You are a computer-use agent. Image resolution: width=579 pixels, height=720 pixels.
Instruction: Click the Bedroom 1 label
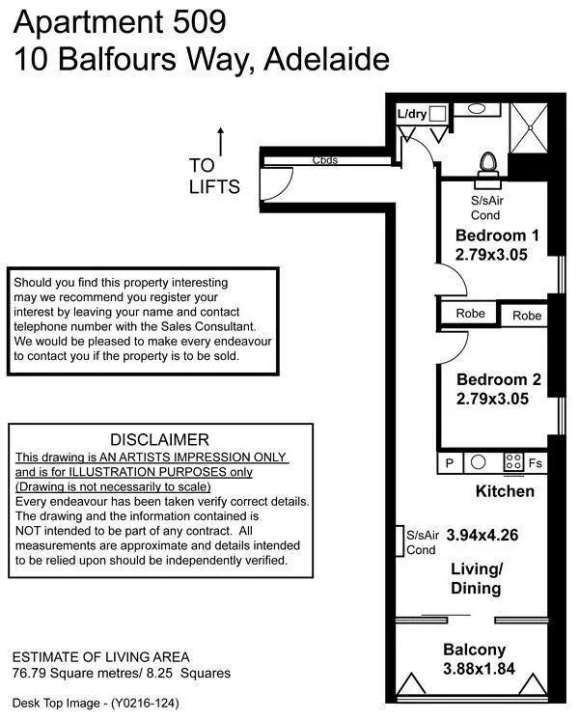click(x=497, y=235)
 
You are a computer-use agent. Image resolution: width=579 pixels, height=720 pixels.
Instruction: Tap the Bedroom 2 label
click(x=497, y=379)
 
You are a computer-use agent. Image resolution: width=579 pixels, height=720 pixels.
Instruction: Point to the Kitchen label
click(x=505, y=491)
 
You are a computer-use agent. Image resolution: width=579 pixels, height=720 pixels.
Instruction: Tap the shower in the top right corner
click(x=529, y=125)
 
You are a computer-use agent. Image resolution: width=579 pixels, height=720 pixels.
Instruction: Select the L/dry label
click(x=412, y=113)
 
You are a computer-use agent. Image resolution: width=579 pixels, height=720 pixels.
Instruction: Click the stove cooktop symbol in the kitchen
click(x=513, y=462)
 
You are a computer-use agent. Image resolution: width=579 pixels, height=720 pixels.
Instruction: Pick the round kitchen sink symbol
click(x=477, y=462)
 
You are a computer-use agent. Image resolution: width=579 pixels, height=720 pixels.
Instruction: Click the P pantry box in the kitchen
click(x=449, y=462)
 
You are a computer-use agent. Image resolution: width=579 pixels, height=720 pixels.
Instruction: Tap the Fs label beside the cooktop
click(x=537, y=463)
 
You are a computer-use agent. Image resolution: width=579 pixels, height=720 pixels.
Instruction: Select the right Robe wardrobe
click(x=527, y=316)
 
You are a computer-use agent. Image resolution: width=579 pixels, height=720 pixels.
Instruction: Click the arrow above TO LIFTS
click(x=221, y=141)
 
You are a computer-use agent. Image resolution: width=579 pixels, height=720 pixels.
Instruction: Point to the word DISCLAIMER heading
click(x=158, y=439)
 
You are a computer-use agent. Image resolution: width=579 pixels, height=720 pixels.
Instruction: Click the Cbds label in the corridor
click(x=324, y=160)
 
